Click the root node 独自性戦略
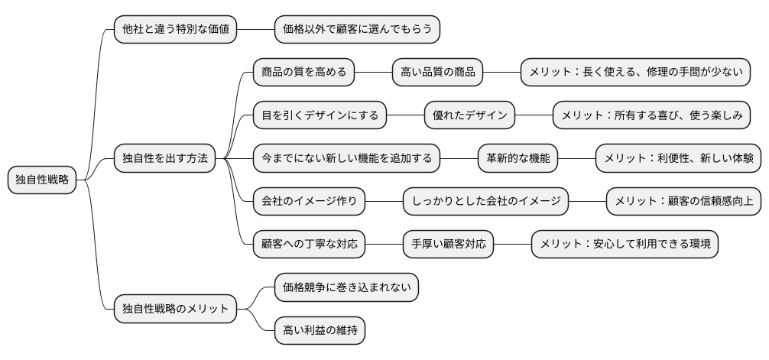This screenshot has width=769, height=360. click(42, 180)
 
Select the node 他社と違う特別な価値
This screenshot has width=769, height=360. click(175, 30)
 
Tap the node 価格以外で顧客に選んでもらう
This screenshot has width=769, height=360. click(358, 30)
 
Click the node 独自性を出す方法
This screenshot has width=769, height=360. click(164, 159)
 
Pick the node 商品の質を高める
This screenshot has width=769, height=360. click(303, 73)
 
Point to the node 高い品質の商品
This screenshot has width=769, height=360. click(437, 73)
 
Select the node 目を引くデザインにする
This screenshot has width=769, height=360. click(320, 115)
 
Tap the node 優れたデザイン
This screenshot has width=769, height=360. click(469, 115)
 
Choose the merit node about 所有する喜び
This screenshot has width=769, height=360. click(651, 115)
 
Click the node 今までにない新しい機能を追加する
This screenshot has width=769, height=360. click(346, 159)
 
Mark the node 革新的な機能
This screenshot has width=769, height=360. click(518, 159)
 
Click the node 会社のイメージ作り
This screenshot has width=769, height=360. click(309, 202)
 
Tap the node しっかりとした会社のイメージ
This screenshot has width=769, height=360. click(485, 202)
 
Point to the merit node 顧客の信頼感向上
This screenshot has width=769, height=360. click(683, 202)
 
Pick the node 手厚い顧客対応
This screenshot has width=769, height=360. click(448, 245)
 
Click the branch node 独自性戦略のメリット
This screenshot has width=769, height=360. click(175, 309)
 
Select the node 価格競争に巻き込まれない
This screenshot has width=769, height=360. click(346, 287)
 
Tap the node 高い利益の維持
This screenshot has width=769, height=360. click(320, 330)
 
